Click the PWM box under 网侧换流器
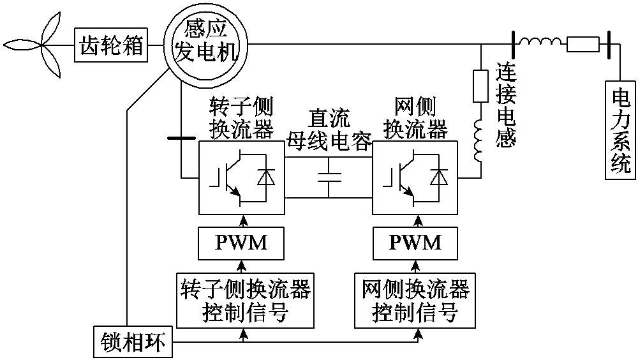coord(415,243)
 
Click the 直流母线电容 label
coord(329,128)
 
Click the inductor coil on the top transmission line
coord(540,43)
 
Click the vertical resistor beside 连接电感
coord(480,86)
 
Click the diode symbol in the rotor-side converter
coord(264,179)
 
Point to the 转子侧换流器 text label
coord(242,119)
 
